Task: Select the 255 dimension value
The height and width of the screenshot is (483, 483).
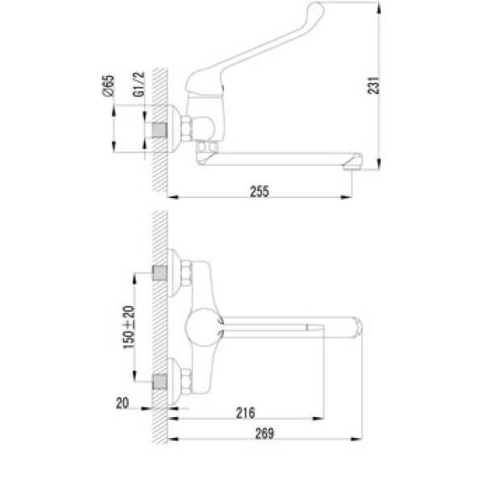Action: (x=259, y=191)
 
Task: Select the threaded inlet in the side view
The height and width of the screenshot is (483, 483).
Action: (x=160, y=131)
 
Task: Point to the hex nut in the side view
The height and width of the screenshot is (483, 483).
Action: (x=186, y=129)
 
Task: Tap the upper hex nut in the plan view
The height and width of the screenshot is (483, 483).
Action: (x=182, y=273)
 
